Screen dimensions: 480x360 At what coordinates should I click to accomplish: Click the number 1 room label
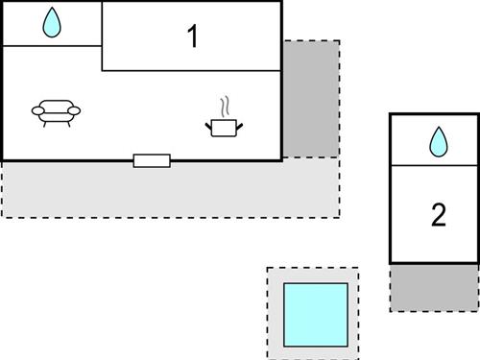tap(192, 37)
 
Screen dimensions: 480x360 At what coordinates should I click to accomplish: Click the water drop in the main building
tap(52, 24)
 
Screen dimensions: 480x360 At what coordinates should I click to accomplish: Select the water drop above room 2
tap(439, 142)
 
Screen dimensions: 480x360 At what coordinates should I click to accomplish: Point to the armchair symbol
tap(57, 113)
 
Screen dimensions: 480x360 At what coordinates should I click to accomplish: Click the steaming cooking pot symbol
tap(224, 125)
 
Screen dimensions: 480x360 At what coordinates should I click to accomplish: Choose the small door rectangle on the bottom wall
tap(152, 160)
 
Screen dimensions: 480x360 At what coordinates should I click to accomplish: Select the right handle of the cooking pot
tap(238, 124)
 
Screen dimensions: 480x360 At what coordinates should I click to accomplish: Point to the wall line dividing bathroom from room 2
tap(434, 166)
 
